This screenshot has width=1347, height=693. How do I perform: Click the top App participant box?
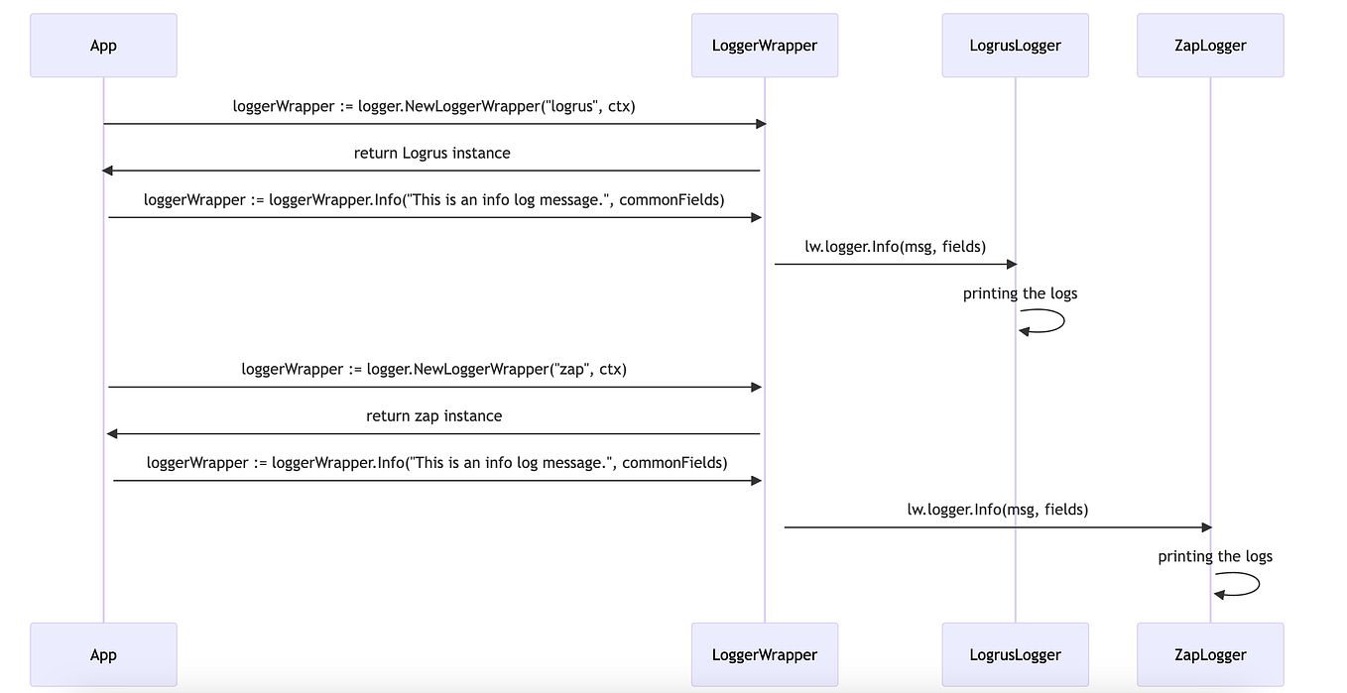(x=103, y=46)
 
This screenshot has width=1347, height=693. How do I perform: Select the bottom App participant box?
(x=103, y=654)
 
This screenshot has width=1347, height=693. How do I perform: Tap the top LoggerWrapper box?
(x=765, y=46)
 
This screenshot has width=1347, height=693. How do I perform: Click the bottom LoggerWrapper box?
(x=765, y=654)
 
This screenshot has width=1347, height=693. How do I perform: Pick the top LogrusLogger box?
(x=1015, y=46)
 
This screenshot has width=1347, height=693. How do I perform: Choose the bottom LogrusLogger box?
(x=1015, y=654)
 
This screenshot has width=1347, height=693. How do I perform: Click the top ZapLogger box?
(x=1210, y=46)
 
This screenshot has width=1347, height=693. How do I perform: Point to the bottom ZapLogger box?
(x=1210, y=654)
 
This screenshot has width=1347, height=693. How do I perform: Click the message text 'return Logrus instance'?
(x=432, y=153)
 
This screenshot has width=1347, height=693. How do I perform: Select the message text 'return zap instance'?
(x=433, y=415)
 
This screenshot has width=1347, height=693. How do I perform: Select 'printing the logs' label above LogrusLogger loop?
(x=1020, y=293)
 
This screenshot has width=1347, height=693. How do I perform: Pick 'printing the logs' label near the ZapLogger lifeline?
(x=1215, y=556)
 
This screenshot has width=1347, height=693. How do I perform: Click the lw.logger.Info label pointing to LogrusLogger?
(x=895, y=246)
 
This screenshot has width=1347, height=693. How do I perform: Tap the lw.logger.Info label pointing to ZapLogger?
(x=997, y=510)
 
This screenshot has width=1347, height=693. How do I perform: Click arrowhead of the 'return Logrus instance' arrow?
(x=107, y=171)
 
